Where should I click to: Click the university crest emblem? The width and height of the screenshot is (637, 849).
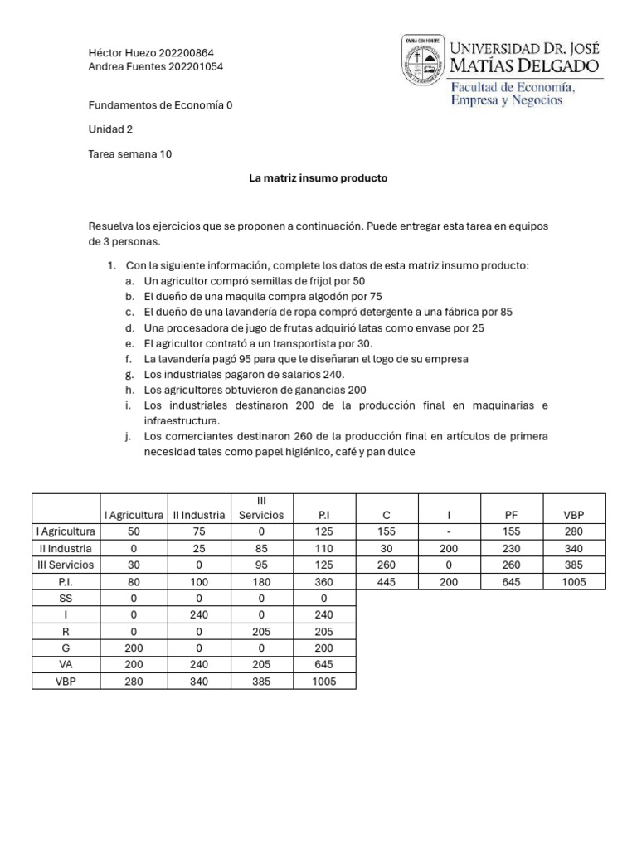click(x=423, y=60)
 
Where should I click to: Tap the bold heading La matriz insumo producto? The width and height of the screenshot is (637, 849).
click(x=318, y=178)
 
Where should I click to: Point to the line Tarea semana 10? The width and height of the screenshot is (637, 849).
click(x=129, y=154)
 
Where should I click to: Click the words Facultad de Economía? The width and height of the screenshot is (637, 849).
click(x=512, y=87)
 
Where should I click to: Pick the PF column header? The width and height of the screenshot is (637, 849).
click(x=511, y=515)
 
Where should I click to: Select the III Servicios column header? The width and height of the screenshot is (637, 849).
click(x=260, y=507)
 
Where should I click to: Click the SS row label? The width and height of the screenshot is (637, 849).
click(x=66, y=598)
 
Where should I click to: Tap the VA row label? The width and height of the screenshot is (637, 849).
click(x=66, y=664)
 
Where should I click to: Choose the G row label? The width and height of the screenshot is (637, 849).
click(x=66, y=648)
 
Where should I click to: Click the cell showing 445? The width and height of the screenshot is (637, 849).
click(x=387, y=581)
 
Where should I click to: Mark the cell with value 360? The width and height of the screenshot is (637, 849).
click(x=323, y=581)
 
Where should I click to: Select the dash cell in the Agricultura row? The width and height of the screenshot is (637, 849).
click(x=449, y=531)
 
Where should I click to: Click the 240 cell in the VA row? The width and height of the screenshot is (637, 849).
click(x=198, y=664)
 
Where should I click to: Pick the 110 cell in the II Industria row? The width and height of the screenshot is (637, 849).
click(x=323, y=548)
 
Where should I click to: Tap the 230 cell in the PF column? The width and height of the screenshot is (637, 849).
click(x=511, y=548)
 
